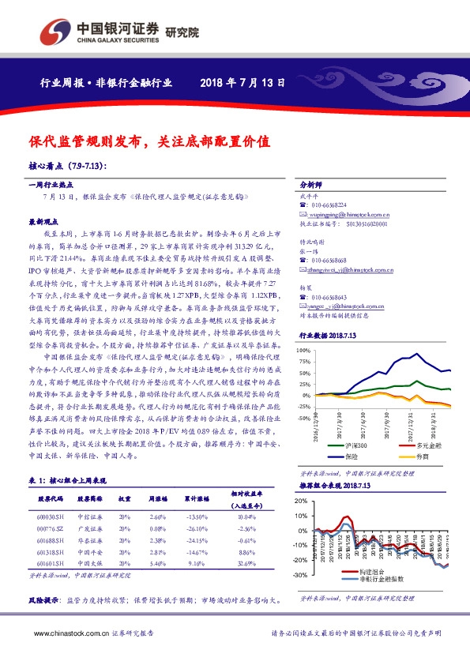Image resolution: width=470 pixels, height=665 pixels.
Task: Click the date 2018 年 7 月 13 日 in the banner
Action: pos(242,82)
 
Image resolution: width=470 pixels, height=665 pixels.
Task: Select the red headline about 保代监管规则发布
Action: pos(150,142)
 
